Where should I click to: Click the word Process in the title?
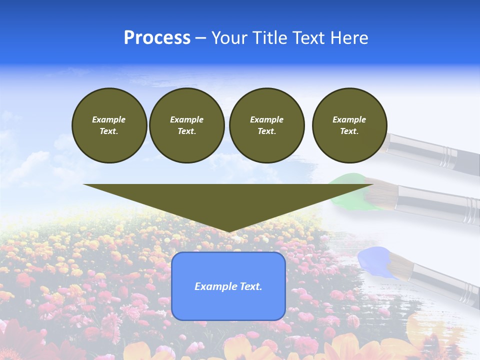(x=157, y=38)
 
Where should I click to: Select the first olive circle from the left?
(x=109, y=125)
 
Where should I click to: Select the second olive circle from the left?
(x=187, y=125)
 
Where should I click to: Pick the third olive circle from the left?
(x=266, y=125)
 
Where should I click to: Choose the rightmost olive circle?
(x=349, y=125)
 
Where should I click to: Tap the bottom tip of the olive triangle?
(x=228, y=231)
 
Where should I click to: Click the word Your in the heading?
(x=230, y=38)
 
